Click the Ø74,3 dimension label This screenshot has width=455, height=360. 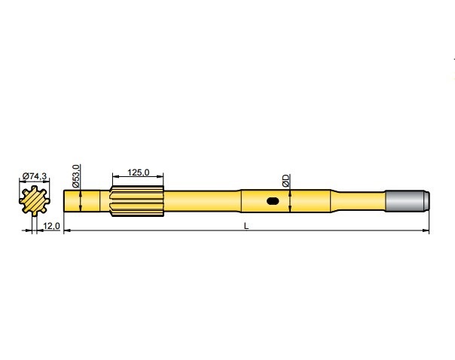pos(35,175)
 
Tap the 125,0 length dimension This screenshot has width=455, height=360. pos(137,172)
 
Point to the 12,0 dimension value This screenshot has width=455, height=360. pos(51,226)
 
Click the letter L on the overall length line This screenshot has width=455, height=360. pos(246,226)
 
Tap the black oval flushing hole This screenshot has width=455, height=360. pos(272,201)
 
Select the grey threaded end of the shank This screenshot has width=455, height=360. pos(408,201)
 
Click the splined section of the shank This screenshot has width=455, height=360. pos(137,201)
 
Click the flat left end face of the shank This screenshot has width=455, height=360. pos(64,201)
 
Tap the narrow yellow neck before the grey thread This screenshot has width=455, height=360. pos(362,201)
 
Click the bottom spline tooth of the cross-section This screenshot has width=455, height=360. pos(34,214)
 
